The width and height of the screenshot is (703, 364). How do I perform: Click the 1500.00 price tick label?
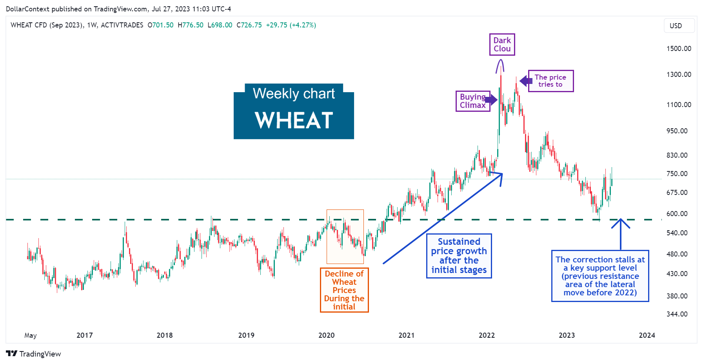point(679,49)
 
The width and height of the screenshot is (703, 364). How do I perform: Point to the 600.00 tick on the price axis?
point(677,214)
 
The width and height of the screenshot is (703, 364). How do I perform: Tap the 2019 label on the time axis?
point(246,335)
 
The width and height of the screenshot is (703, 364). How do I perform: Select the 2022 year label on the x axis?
point(487,335)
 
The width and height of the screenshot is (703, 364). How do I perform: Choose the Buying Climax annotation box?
point(472,101)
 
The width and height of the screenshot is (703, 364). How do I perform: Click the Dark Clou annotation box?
point(502,45)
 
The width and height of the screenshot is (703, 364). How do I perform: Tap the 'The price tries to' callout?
point(550,81)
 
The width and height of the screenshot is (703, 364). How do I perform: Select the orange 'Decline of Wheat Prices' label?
point(344,290)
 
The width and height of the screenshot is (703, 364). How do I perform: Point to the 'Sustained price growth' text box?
point(459,256)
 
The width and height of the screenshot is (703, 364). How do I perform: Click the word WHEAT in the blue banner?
point(294,120)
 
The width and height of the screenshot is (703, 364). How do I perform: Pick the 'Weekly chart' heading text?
point(294,94)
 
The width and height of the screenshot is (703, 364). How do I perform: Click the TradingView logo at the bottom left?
point(34,354)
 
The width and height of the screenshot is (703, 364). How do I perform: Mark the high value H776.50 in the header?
point(191,25)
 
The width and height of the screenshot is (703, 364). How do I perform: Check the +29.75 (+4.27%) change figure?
point(291,25)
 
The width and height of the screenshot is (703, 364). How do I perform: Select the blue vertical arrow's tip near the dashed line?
point(621,220)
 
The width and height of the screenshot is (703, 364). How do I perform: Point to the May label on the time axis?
point(31,335)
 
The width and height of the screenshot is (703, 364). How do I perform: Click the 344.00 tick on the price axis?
point(677,314)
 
